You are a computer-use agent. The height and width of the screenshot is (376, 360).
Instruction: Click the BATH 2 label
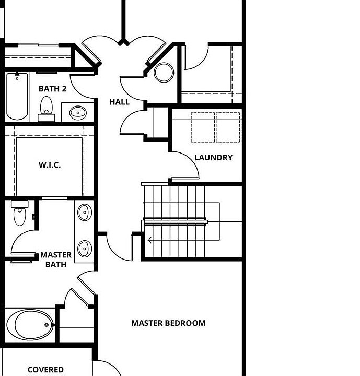[52, 89]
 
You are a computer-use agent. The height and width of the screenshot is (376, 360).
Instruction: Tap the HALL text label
[119, 102]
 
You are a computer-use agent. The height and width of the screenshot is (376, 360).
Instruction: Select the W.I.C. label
[50, 165]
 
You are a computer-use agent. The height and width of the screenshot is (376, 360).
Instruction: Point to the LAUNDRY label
[213, 157]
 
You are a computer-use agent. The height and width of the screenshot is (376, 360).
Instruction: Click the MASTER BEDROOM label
[168, 323]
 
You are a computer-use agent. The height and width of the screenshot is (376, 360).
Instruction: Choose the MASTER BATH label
[56, 260]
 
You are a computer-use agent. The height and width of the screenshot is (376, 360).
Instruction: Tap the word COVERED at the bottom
[45, 370]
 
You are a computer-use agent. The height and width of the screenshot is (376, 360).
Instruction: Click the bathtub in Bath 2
[17, 97]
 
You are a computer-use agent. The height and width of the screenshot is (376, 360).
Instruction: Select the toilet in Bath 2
[47, 107]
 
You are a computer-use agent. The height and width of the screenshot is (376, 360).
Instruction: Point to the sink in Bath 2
[78, 112]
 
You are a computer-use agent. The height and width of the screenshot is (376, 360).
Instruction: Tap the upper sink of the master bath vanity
[84, 213]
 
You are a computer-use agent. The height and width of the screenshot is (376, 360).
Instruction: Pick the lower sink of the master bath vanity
[84, 246]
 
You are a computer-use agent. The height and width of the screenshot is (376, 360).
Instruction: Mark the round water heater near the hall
[164, 73]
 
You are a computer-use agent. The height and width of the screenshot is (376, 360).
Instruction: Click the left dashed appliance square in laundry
[203, 127]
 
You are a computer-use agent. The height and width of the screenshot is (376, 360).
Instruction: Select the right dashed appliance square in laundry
[228, 127]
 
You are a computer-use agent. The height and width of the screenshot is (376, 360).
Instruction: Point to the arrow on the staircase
[151, 241]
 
